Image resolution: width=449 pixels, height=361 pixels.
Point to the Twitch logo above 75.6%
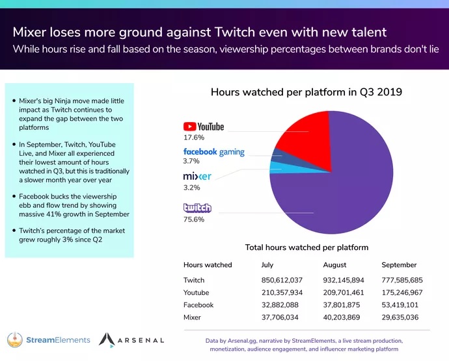pos(197,208)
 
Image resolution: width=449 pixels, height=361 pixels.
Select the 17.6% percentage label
pos(194,138)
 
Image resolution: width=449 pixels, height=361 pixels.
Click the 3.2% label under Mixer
pos(192,188)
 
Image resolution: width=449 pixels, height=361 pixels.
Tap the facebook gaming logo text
pos(213,152)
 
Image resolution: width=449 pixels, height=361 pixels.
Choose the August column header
pos(334,265)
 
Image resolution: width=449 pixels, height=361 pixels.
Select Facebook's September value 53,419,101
pos(401,305)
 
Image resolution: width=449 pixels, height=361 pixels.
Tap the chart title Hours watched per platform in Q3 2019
pos(306,92)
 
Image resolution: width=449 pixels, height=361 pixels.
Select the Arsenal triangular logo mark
pos(107,339)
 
